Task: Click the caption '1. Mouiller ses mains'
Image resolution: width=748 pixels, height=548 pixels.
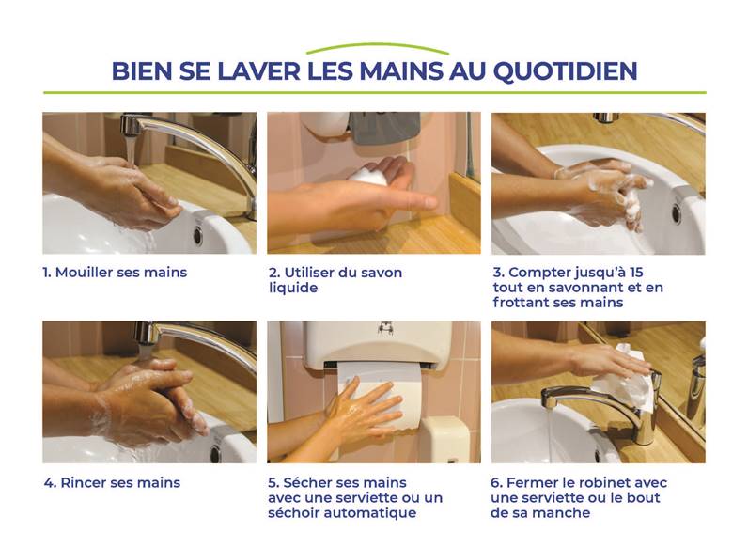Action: tap(115, 273)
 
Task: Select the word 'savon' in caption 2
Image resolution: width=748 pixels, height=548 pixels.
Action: tap(380, 273)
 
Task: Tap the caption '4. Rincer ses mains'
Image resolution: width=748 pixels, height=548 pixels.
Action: tap(112, 483)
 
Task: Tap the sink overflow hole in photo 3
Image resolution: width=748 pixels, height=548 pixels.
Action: tap(676, 212)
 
